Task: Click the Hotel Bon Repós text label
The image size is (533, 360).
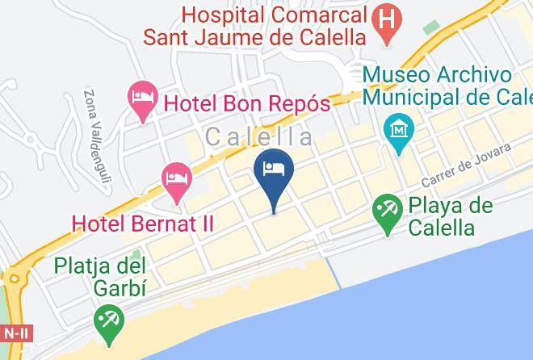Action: (247, 103)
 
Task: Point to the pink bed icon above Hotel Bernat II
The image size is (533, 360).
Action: (176, 181)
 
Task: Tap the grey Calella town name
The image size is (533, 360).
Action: (259, 138)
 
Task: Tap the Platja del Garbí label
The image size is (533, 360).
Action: (100, 277)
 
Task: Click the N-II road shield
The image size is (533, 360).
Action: (14, 332)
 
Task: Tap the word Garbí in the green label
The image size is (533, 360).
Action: (117, 288)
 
